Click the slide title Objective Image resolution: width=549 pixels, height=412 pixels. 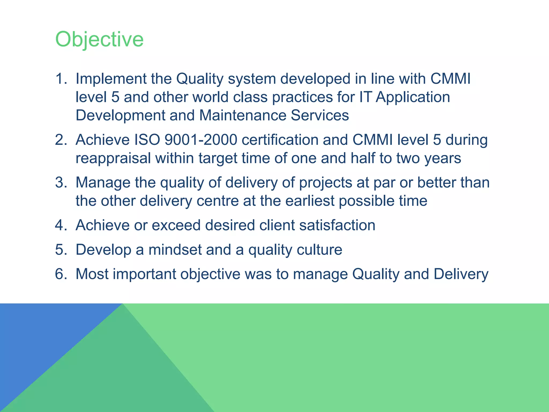point(99,39)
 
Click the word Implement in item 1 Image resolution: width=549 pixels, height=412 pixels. point(111,79)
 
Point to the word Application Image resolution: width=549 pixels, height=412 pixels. point(413,97)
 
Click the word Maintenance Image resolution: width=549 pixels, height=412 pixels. point(243,115)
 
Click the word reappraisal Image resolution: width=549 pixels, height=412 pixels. point(113,158)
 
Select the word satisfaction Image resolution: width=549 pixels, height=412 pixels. point(337,225)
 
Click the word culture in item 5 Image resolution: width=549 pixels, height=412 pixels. point(319,250)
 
